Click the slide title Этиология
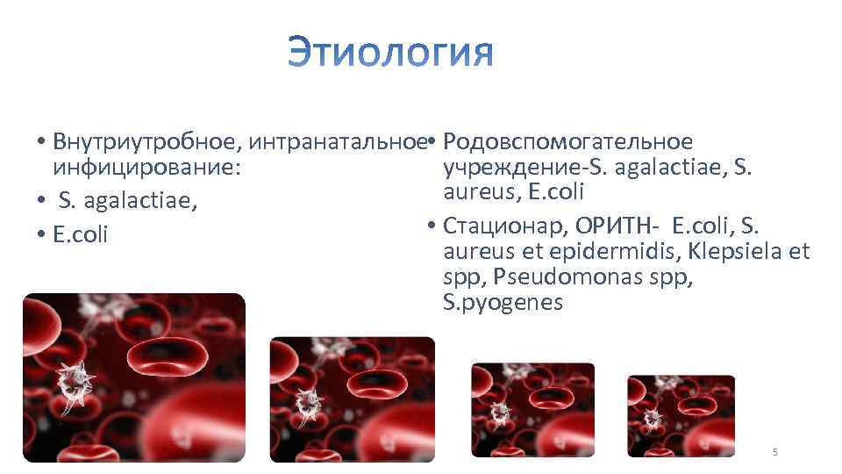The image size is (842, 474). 390,52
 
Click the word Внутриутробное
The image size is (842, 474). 147,142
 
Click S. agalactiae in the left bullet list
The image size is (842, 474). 127,202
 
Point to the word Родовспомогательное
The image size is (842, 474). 568,142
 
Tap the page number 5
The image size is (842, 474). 774,452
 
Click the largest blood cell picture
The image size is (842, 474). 134,377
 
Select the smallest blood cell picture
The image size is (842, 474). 681,416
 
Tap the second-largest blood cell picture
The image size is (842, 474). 352,399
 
